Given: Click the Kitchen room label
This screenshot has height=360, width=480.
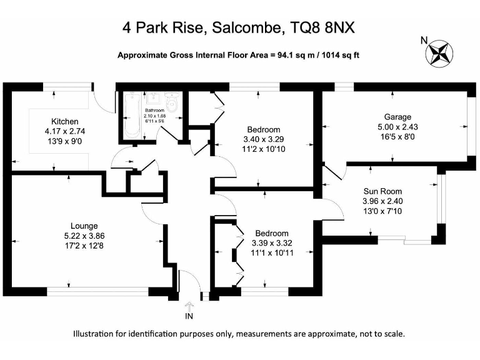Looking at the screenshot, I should coord(65,121).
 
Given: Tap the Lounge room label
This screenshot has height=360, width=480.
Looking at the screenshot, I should coord(84,226).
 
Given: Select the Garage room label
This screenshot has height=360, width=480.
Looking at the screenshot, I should coord(397,117).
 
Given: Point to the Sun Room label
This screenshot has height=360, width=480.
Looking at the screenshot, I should coord(383,191).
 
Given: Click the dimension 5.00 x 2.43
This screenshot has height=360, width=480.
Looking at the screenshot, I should coord(397,126).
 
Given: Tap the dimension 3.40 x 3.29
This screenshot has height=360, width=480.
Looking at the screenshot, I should coord(262,139).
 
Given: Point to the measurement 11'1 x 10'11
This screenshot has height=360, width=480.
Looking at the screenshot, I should coord(271,252).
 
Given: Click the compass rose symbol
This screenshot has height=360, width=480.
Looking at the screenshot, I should coord(441,52).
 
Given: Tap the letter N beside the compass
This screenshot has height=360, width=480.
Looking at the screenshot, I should coord(424,41).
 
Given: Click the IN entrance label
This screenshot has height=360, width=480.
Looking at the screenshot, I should coord(189,317).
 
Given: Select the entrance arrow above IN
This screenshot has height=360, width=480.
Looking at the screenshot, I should coord(189,306).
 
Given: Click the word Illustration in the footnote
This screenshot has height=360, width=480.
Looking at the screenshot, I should coord(98,334).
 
